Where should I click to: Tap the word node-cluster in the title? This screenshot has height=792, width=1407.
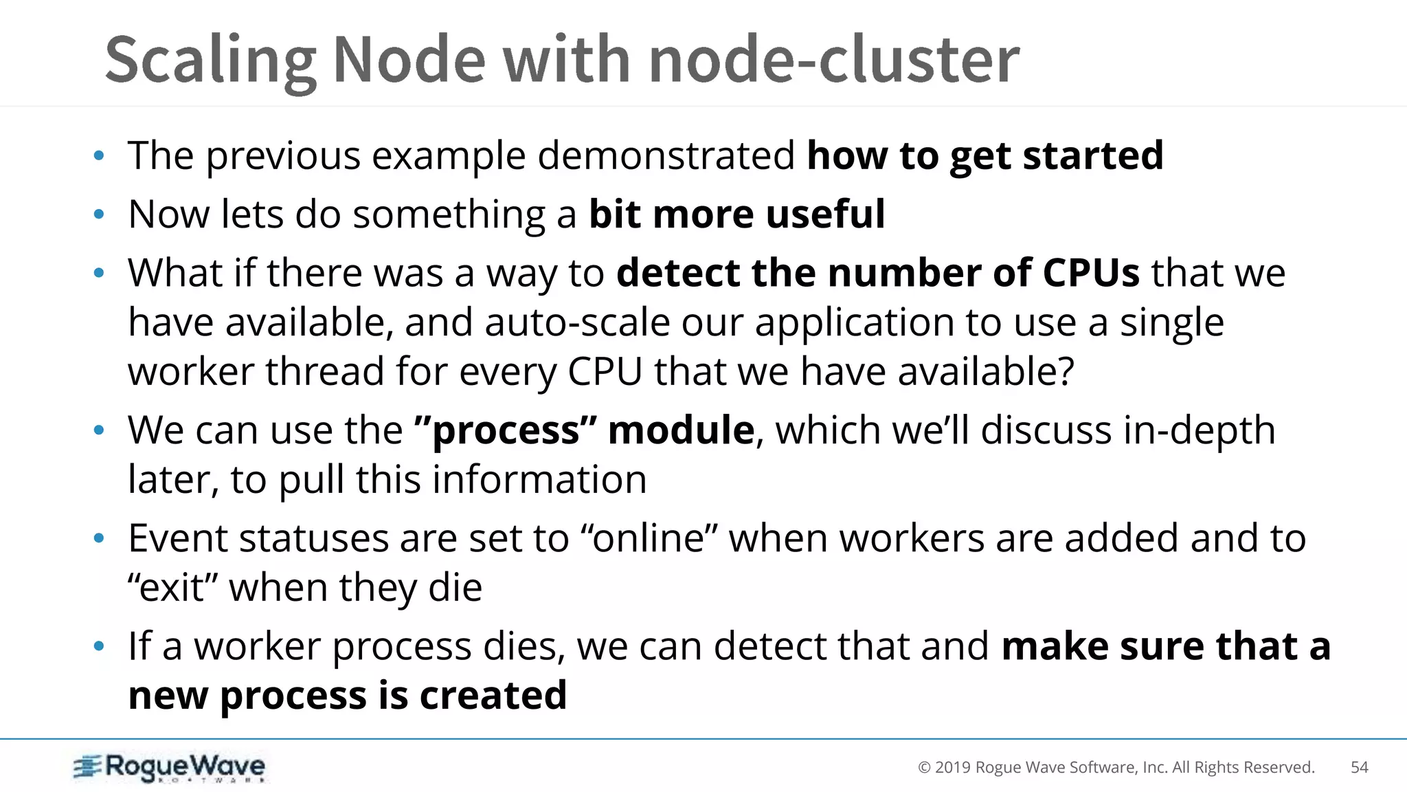click(x=833, y=60)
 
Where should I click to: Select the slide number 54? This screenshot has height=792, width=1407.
click(x=1359, y=767)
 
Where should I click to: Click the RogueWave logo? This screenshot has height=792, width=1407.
click(x=170, y=767)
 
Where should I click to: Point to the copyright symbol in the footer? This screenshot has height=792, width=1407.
click(x=924, y=768)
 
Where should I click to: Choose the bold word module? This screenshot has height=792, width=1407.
click(x=681, y=431)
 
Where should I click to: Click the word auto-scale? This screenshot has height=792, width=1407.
click(x=576, y=322)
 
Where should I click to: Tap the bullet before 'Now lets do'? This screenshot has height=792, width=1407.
click(x=99, y=214)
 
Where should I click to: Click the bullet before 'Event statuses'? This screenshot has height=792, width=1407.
click(x=99, y=538)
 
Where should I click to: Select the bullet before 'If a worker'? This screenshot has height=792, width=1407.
click(x=99, y=646)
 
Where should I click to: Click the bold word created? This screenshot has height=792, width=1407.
click(x=493, y=696)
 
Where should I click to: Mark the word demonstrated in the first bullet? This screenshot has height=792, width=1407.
click(x=666, y=155)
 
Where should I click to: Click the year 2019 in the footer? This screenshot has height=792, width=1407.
click(x=952, y=768)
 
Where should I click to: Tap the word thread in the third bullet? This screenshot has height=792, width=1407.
click(x=325, y=372)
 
